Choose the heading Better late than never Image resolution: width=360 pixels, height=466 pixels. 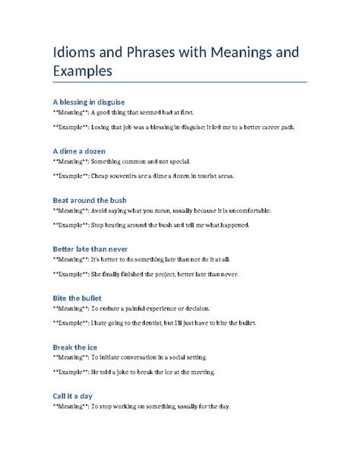(x=90, y=249)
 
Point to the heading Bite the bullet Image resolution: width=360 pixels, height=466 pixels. (x=77, y=298)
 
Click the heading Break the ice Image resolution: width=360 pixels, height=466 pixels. (x=74, y=347)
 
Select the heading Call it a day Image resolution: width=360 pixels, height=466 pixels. (x=72, y=396)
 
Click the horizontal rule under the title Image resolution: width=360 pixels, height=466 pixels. (x=179, y=81)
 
